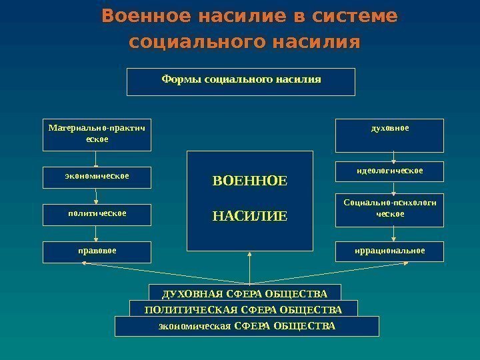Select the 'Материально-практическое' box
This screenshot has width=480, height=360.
pos(97,135)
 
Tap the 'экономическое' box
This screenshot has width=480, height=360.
pos(97,177)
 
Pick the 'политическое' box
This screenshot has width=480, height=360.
pos(97,215)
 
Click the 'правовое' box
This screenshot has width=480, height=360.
pos(97,252)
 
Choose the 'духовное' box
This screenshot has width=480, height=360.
pos(389,135)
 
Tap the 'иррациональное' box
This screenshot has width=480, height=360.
pos(389,251)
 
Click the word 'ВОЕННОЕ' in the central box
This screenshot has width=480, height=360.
pos(249,181)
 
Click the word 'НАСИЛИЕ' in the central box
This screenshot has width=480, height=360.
pos(249,216)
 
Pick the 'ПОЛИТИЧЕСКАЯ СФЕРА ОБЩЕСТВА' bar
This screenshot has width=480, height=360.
pos(243,309)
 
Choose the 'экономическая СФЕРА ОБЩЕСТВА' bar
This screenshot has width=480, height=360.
pos(247,326)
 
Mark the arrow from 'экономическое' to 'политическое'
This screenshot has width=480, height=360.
pos(97,196)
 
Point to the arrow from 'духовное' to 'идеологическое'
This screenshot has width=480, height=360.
pos(394,157)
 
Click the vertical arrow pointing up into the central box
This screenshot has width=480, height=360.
pos(249,267)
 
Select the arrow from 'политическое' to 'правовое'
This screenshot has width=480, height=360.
pos(97,233)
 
